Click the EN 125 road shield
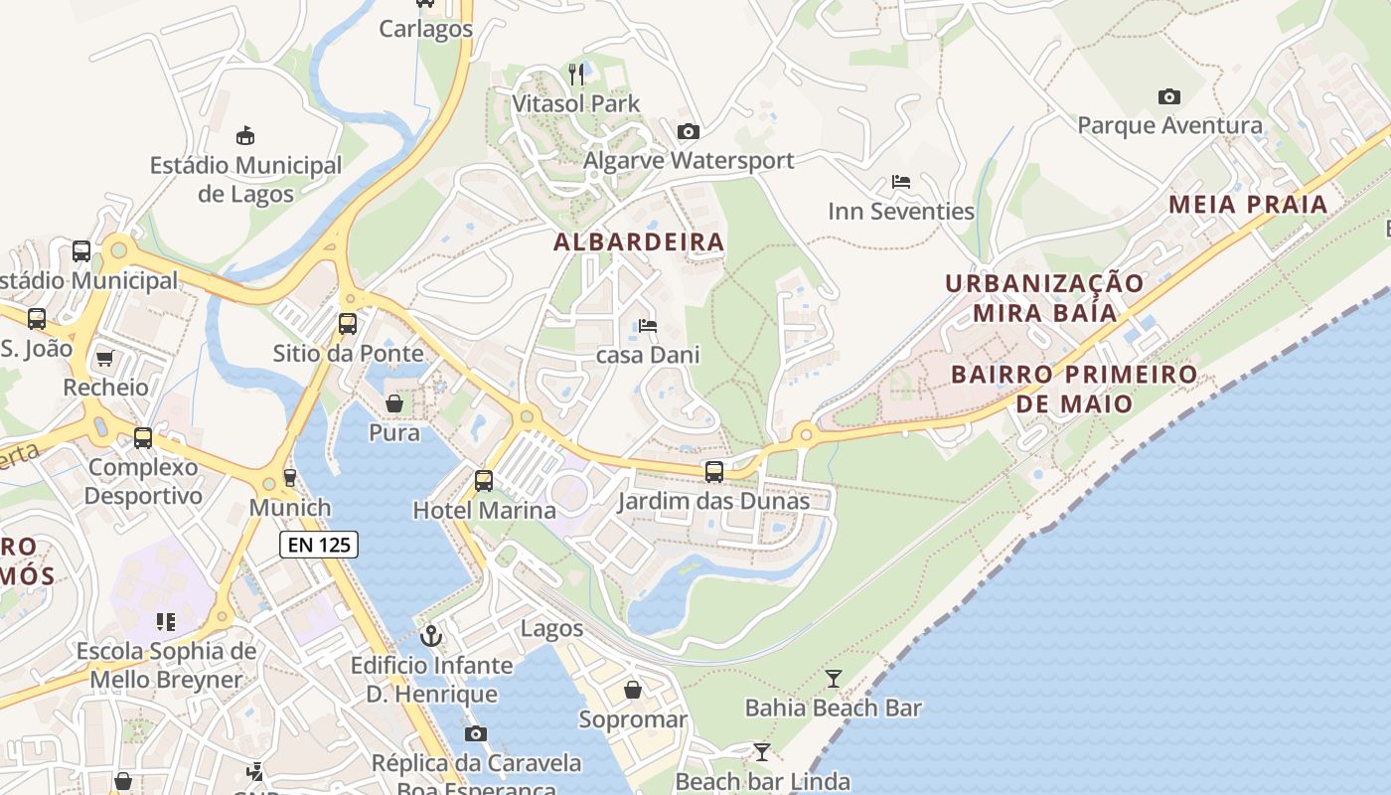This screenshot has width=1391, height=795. click(318, 544)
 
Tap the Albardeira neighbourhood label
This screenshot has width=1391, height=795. click(639, 241)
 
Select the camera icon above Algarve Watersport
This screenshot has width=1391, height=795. click(688, 131)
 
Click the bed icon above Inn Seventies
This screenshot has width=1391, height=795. click(901, 182)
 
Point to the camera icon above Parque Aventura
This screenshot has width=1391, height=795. click(1169, 96)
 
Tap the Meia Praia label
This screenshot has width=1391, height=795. click(1248, 205)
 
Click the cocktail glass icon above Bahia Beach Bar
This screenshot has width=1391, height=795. click(833, 679)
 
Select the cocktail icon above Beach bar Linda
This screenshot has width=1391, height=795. click(762, 752)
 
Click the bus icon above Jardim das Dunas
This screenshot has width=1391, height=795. click(713, 471)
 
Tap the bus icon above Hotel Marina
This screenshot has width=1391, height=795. click(484, 481)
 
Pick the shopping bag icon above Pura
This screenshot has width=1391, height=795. click(394, 403)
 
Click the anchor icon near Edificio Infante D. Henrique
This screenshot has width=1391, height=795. click(431, 635)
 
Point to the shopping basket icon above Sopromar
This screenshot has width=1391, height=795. click(633, 690)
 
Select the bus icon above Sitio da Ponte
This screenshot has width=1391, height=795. click(348, 323)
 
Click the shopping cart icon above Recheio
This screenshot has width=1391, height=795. click(104, 358)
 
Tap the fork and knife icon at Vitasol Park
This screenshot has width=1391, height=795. click(576, 74)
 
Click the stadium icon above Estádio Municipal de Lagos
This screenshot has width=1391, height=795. click(245, 135)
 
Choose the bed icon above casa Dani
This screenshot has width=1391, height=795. click(648, 325)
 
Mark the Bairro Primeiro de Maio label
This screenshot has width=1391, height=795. click(1074, 389)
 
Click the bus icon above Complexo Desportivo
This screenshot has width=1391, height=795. click(143, 437)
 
